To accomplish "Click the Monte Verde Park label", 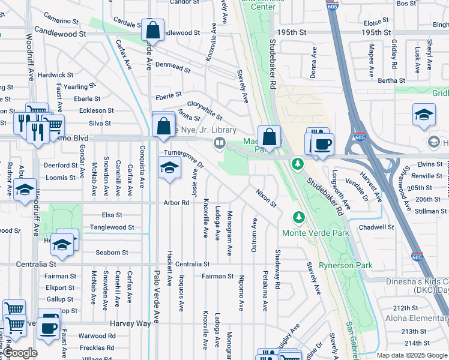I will (315, 233).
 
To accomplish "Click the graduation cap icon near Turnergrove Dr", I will (169, 167).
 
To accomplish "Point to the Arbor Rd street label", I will (176, 203).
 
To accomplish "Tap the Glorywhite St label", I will (204, 109).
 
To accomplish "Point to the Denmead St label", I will (173, 70).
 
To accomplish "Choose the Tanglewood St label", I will (112, 227).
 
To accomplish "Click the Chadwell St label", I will (375, 227).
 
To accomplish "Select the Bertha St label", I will (391, 80).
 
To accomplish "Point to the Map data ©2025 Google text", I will (412, 355).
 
